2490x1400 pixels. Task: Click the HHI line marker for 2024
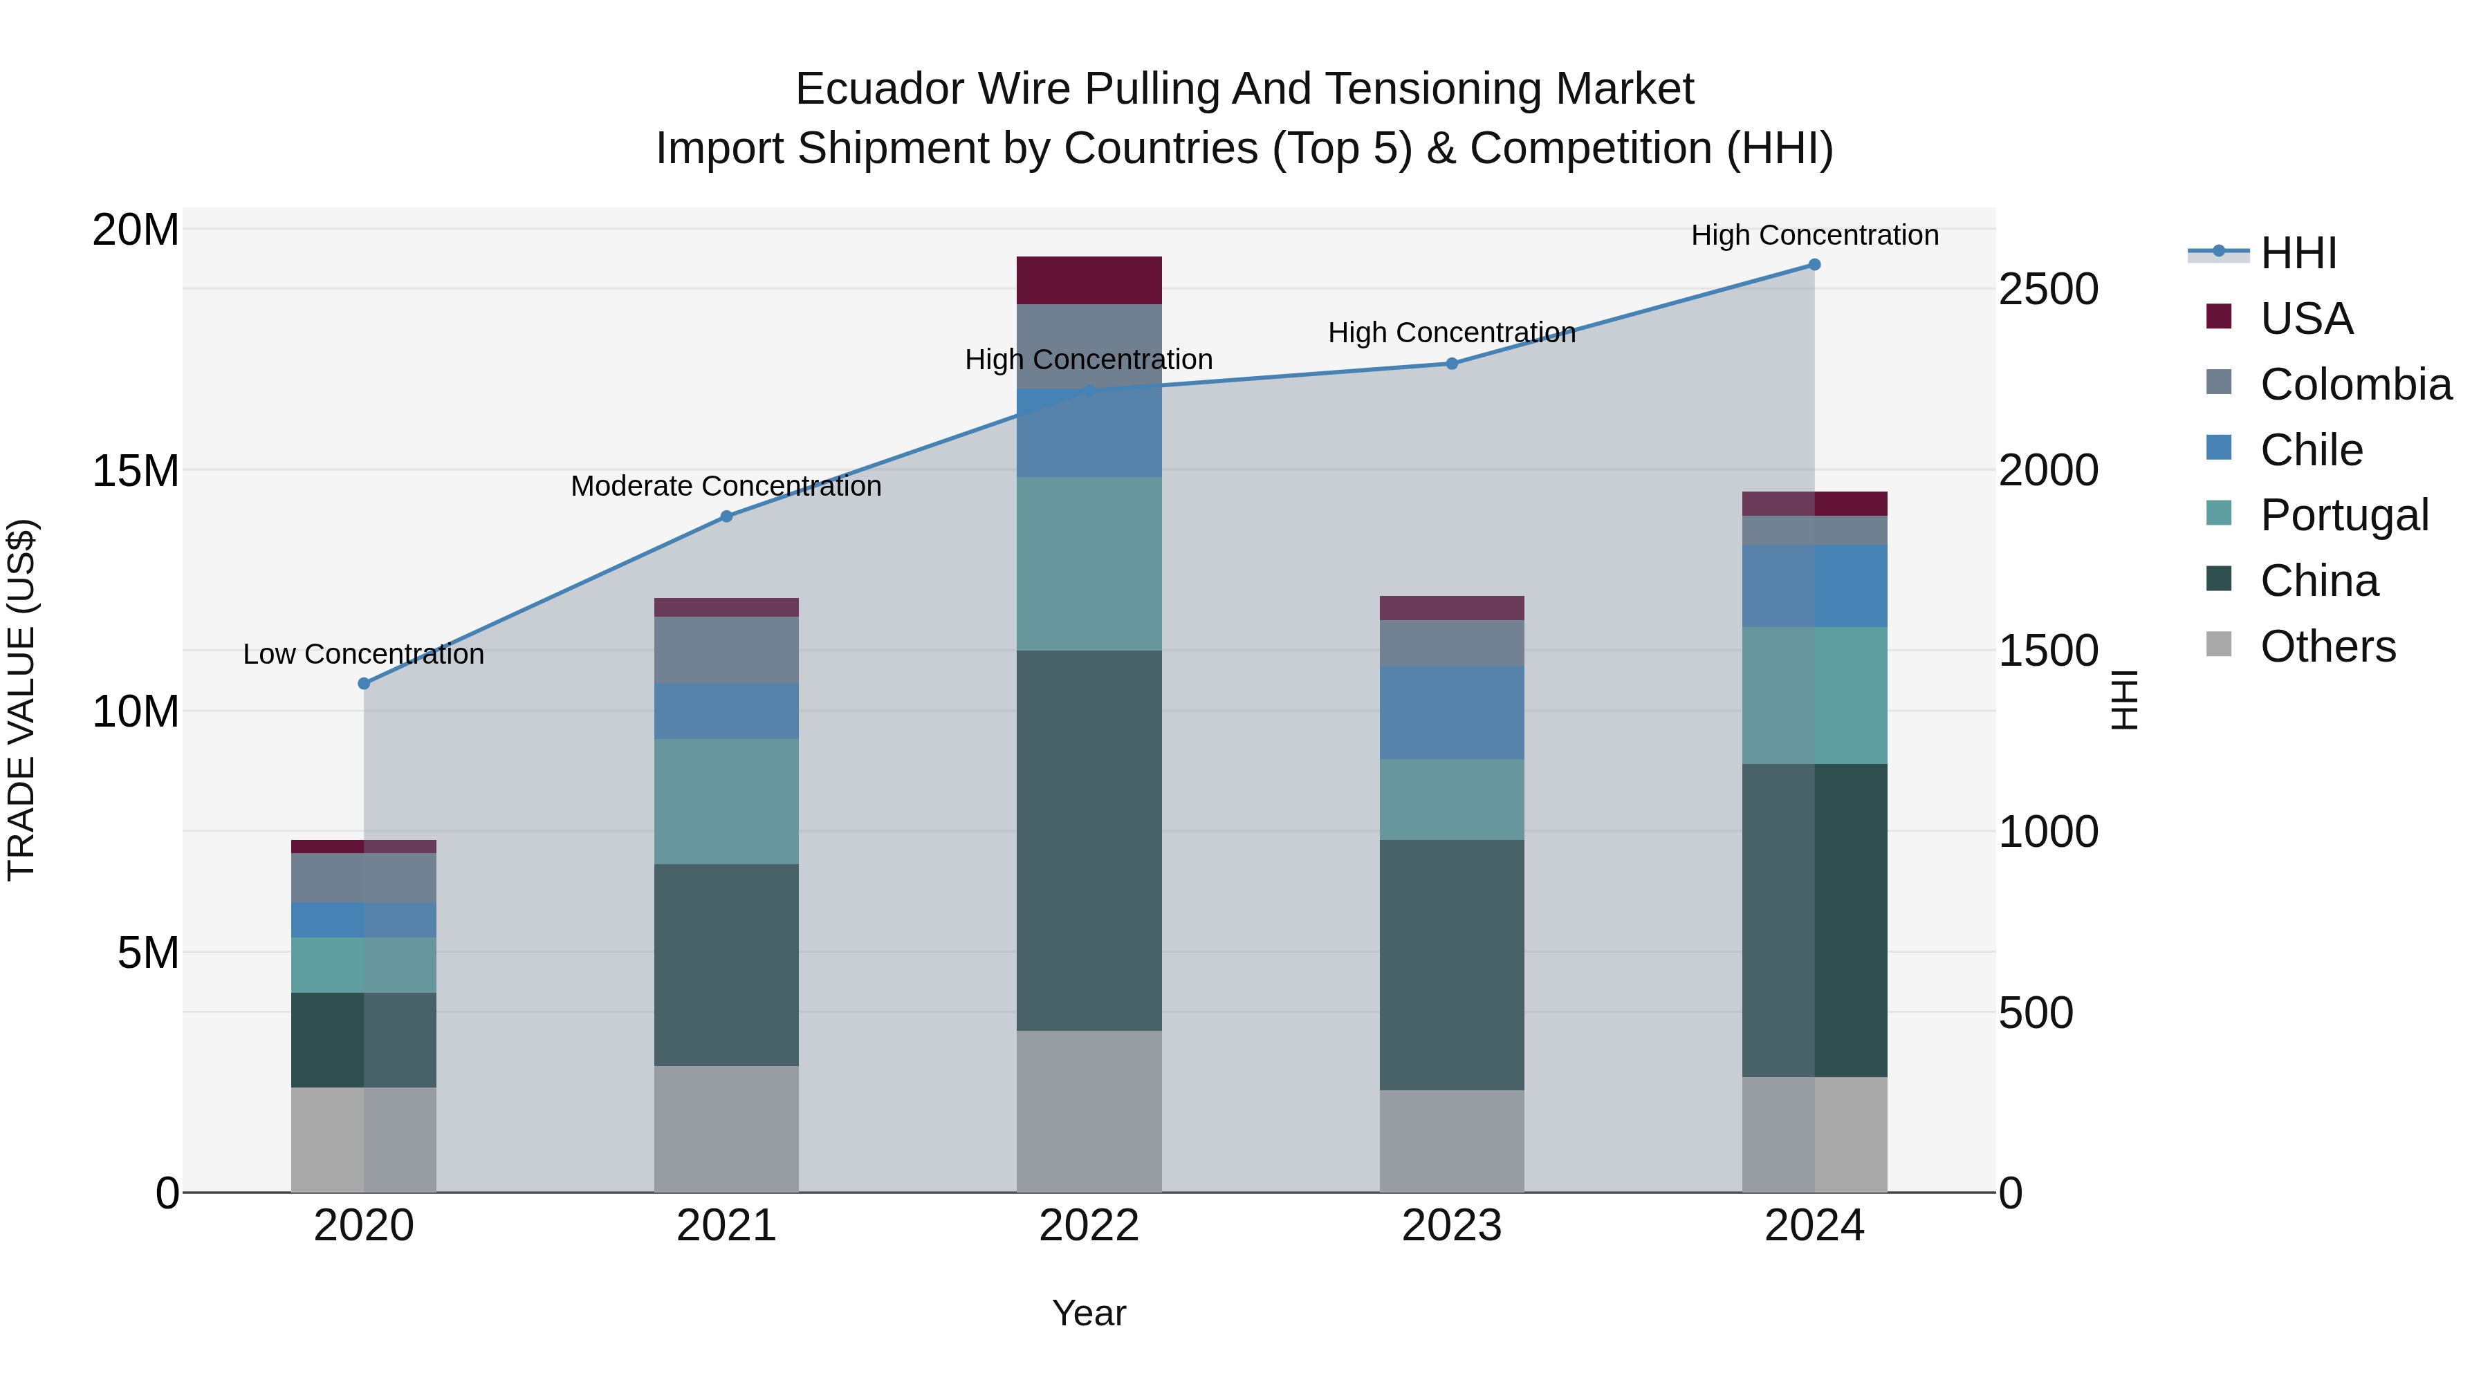click(x=1814, y=265)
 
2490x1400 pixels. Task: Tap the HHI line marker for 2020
click(x=363, y=683)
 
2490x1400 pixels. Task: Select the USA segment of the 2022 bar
click(x=1089, y=280)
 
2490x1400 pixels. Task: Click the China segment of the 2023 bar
click(x=1451, y=964)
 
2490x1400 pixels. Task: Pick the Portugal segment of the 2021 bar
click(x=726, y=801)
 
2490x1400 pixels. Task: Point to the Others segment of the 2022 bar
click(x=1089, y=1111)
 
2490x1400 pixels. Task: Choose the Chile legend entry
click(x=2310, y=450)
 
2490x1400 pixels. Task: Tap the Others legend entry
click(x=2327, y=646)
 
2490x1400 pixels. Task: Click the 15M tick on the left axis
click(x=136, y=471)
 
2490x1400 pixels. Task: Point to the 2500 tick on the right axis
click(x=2048, y=289)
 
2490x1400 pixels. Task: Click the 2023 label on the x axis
click(x=1451, y=1226)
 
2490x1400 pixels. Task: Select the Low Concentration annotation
click(x=363, y=654)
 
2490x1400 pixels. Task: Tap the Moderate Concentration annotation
click(x=726, y=486)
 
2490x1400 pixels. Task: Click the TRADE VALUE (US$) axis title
click(x=21, y=700)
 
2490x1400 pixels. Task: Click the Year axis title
click(x=1089, y=1313)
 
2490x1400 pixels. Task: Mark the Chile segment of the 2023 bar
click(x=1451, y=712)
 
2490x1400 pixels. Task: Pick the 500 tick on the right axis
click(x=2036, y=1013)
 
